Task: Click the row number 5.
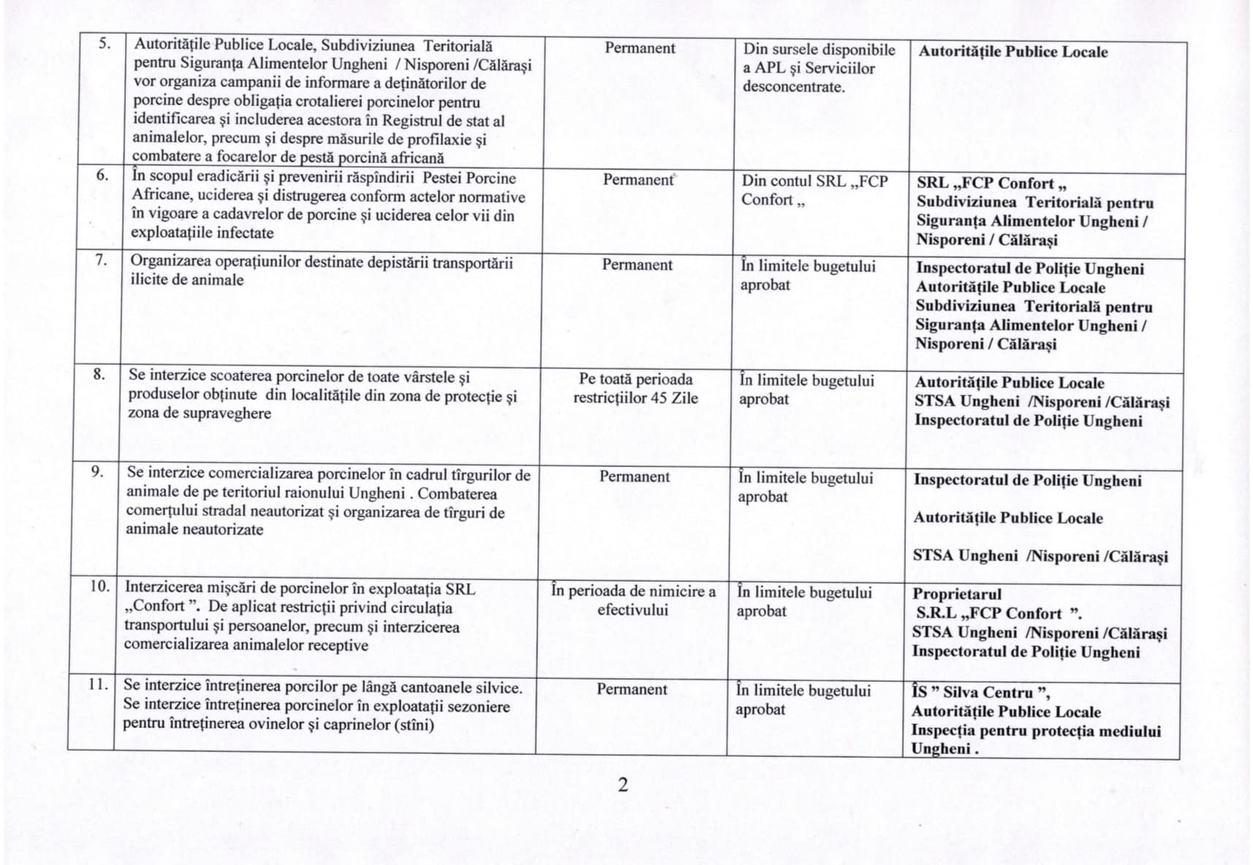coord(105,43)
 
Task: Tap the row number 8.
coord(99,374)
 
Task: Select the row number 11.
coord(98,685)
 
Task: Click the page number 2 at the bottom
coord(623,785)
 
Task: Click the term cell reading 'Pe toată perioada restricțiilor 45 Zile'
coord(635,389)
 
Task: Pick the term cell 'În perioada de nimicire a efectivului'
coord(633,601)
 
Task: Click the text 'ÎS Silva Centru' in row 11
coord(980,693)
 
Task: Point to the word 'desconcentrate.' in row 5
coord(794,87)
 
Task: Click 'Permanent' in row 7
coord(637,265)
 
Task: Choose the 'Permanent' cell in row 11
coord(632,690)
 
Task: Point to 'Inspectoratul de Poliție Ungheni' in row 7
coord(1029,269)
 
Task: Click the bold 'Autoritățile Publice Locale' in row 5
coord(1012,52)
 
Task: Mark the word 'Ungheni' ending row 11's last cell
coord(940,749)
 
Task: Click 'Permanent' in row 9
coord(634,477)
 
